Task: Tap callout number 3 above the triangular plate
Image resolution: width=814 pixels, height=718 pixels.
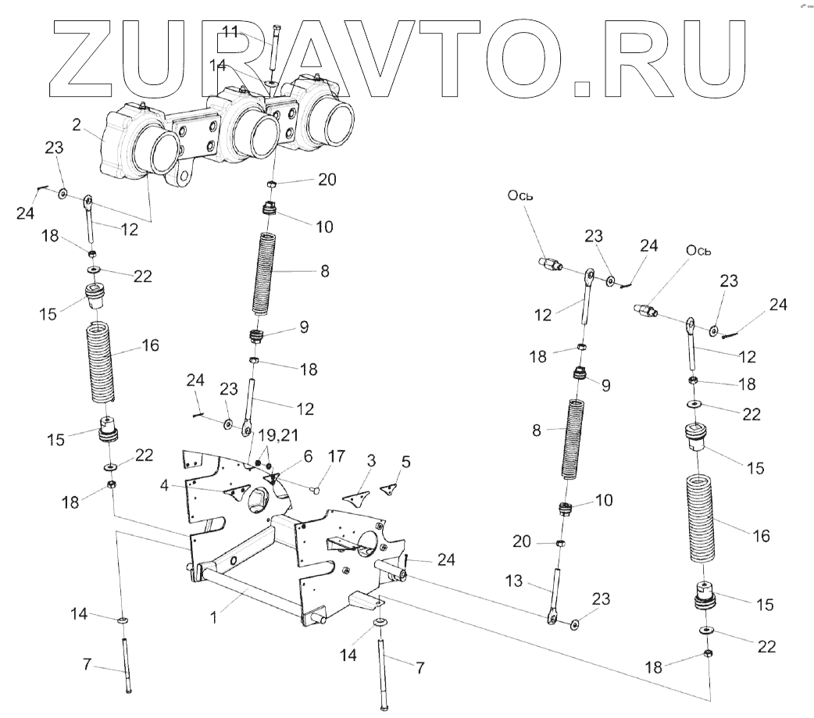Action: pyautogui.click(x=371, y=462)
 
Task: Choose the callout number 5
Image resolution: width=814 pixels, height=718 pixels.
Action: pyautogui.click(x=404, y=462)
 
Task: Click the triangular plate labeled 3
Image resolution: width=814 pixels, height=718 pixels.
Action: pyautogui.click(x=358, y=495)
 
